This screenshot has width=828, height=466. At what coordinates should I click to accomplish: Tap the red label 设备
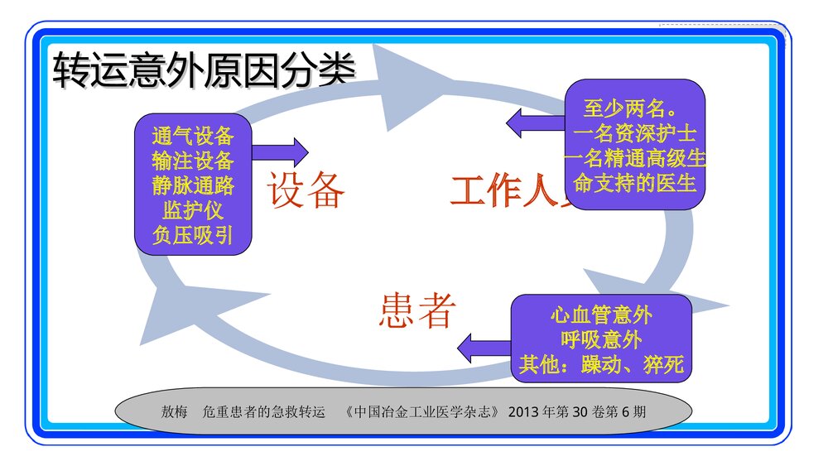pyautogui.click(x=306, y=191)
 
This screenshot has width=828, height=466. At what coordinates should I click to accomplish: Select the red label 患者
pyautogui.click(x=417, y=311)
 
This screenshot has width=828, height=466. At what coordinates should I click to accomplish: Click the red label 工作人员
pyautogui.click(x=509, y=191)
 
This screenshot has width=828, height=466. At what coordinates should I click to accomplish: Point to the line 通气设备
pyautogui.click(x=193, y=136)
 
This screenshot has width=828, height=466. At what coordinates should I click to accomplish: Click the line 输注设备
pyautogui.click(x=193, y=161)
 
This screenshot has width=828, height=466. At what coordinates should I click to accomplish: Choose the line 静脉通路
pyautogui.click(x=193, y=185)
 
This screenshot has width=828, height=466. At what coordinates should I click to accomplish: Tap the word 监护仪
pyautogui.click(x=193, y=210)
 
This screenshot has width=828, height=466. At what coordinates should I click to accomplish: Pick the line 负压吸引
pyautogui.click(x=193, y=235)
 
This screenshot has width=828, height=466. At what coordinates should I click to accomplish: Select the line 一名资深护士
pyautogui.click(x=634, y=133)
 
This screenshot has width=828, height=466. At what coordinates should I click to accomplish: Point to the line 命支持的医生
pyautogui.click(x=634, y=183)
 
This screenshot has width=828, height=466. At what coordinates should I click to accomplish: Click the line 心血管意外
pyautogui.click(x=601, y=315)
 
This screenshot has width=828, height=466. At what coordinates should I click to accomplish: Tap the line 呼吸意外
pyautogui.click(x=601, y=339)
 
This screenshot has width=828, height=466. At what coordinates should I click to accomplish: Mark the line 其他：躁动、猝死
pyautogui.click(x=601, y=364)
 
